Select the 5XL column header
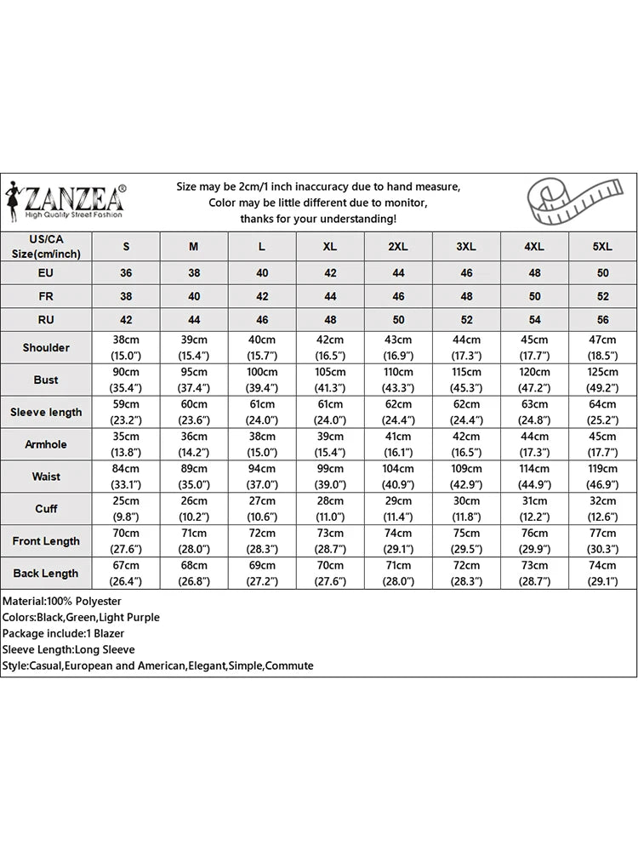(602, 247)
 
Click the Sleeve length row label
(46, 412)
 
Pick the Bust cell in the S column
(126, 380)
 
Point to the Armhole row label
(46, 444)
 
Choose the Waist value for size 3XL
(466, 477)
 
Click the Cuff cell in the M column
(194, 509)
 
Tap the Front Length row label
(46, 541)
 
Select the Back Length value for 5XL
(602, 574)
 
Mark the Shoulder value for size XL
(330, 347)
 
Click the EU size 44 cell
(398, 273)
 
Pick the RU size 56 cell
(602, 321)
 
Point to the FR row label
(46, 297)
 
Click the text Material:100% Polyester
(61, 601)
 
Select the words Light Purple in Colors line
(130, 617)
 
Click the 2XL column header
(398, 247)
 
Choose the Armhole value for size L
(262, 444)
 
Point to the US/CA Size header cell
(46, 247)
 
